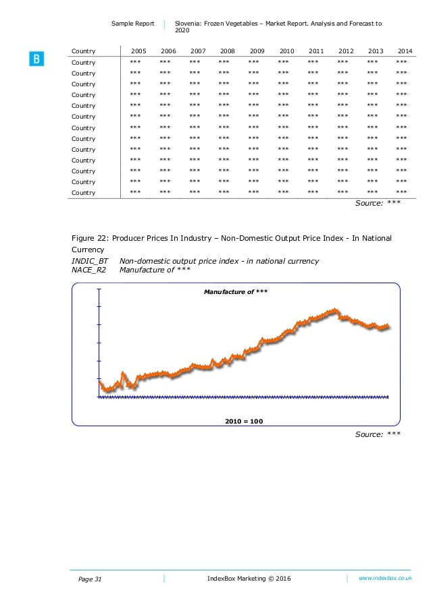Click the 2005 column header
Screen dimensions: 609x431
point(138,51)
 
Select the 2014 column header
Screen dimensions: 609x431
point(405,51)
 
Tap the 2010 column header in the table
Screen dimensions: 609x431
point(286,51)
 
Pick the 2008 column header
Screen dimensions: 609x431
point(228,51)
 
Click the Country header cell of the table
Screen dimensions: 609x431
point(84,51)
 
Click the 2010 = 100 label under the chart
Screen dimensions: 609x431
point(243,421)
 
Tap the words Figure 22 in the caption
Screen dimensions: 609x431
point(90,238)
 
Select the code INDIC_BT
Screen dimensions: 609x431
point(90,261)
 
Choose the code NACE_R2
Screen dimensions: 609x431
point(90,270)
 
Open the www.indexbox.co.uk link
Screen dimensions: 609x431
point(385,578)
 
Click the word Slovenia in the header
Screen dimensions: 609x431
point(190,24)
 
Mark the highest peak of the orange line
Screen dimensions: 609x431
point(335,310)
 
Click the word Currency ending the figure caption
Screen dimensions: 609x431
point(90,250)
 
